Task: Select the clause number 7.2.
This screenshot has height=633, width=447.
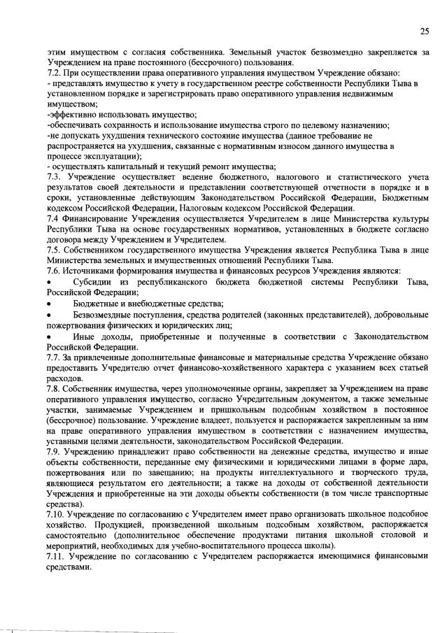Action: tap(52, 73)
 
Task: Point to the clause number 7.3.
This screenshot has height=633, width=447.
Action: tap(53, 178)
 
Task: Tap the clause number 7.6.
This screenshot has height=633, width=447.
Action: tap(52, 271)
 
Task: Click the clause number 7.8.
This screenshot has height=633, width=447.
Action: tap(52, 387)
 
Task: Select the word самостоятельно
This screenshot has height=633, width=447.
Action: tap(77, 536)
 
